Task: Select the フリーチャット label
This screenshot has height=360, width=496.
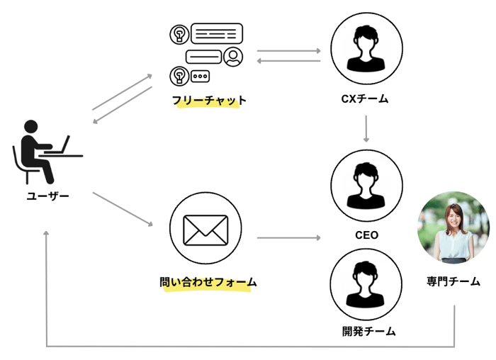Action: [x=209, y=101]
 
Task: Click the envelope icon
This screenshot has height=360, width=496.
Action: [x=205, y=229]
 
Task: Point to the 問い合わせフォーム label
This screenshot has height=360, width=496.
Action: [x=208, y=282]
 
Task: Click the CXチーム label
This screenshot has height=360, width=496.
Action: [x=365, y=99]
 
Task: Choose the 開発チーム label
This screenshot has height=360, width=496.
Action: [x=366, y=331]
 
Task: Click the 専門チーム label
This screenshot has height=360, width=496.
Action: [x=453, y=281]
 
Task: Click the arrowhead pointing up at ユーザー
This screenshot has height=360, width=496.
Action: [x=46, y=235]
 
